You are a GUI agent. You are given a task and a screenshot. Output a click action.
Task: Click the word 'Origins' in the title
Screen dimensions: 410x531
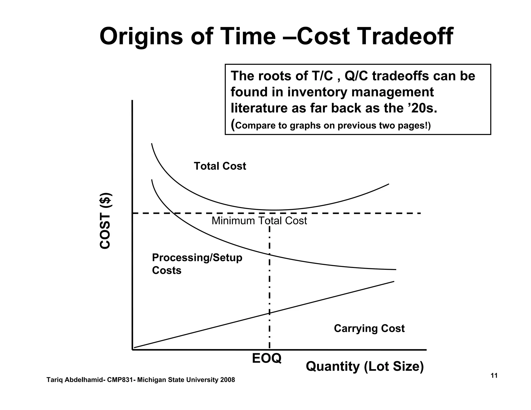pyautogui.click(x=141, y=37)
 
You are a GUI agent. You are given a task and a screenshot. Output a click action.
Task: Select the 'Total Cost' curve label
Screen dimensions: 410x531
pyautogui.click(x=220, y=166)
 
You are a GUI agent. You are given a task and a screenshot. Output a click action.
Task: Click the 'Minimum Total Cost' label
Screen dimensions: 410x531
pyautogui.click(x=259, y=221)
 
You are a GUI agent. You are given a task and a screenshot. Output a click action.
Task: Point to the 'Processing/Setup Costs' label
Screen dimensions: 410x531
pyautogui.click(x=197, y=264)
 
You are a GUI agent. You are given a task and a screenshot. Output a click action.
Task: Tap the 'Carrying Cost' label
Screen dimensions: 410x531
pyautogui.click(x=369, y=328)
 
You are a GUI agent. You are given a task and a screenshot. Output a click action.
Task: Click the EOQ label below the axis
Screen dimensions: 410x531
pyautogui.click(x=267, y=358)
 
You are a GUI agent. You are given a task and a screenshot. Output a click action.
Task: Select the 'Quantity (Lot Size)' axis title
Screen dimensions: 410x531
pyautogui.click(x=365, y=366)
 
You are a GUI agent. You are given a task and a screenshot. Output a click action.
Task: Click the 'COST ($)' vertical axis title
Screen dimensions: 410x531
pyautogui.click(x=106, y=221)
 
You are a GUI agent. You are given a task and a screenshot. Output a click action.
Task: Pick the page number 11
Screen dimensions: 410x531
pyautogui.click(x=494, y=376)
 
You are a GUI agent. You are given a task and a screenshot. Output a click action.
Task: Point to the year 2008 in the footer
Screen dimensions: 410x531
pyautogui.click(x=227, y=380)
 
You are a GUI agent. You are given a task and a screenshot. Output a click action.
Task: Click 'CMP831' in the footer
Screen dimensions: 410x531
pyautogui.click(x=120, y=380)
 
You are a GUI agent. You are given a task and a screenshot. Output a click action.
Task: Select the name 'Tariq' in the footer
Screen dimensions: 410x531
pyautogui.click(x=54, y=380)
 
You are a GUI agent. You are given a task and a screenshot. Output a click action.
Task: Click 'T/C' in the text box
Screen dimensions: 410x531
pyautogui.click(x=320, y=76)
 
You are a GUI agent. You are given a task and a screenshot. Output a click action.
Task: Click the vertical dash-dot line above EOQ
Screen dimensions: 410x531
pyautogui.click(x=270, y=285)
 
